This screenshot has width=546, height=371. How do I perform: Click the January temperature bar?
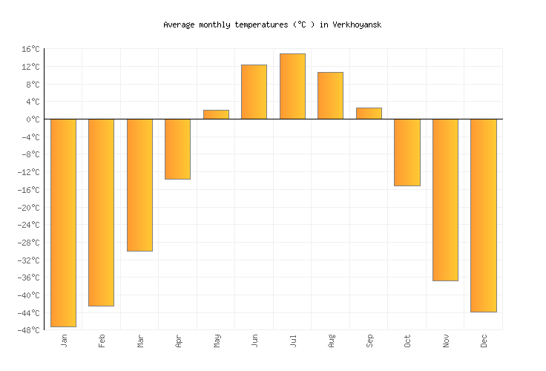tap(63, 223)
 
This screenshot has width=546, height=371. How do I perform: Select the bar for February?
tap(101, 212)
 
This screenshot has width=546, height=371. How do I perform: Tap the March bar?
tap(139, 185)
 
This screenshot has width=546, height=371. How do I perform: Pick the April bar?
tap(177, 149)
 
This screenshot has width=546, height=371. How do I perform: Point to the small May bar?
tap(216, 115)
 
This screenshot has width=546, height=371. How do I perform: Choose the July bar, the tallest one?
tap(292, 86)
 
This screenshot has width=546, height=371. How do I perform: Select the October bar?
tap(407, 152)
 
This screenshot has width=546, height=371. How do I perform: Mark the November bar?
tap(445, 200)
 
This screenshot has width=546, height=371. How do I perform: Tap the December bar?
tap(483, 215)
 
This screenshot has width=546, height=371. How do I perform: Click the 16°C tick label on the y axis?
tap(30, 49)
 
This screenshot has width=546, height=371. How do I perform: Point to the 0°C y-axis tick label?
tap(33, 119)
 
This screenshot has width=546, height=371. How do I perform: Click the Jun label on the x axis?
tap(254, 341)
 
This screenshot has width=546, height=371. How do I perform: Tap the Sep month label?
tap(369, 341)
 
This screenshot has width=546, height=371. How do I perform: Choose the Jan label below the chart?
tap(64, 341)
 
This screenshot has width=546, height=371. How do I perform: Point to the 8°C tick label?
tap(33, 85)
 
